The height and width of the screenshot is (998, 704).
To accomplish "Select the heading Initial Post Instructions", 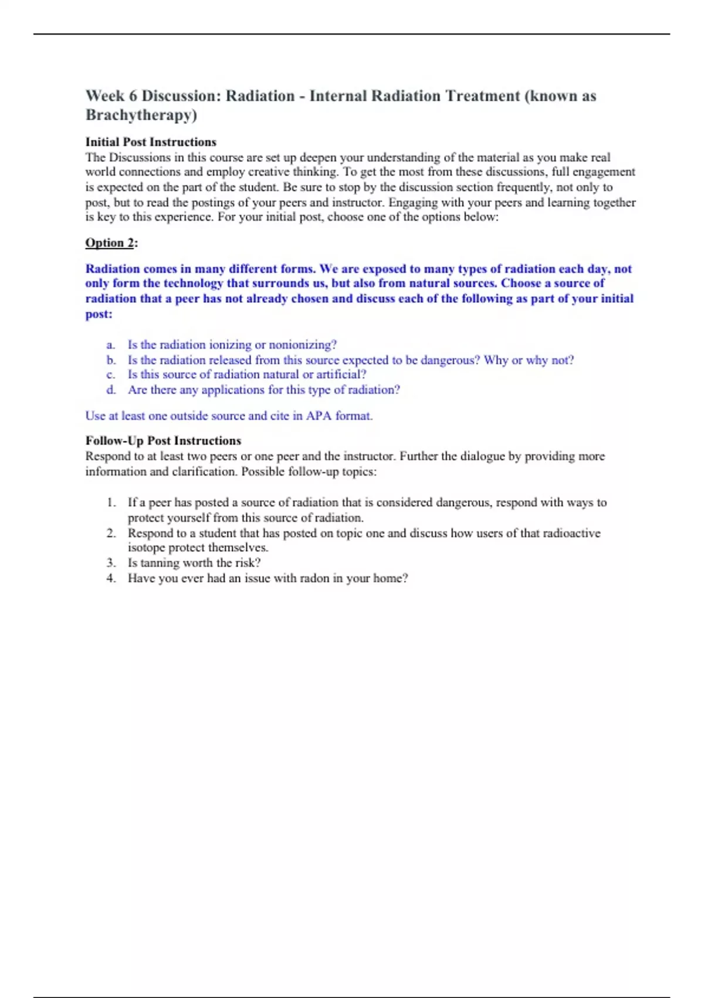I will [x=151, y=142].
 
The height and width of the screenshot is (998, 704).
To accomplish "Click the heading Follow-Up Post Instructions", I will [x=163, y=441].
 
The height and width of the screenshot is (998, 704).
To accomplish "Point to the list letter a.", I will [x=110, y=345].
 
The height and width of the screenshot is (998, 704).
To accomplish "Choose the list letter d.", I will [x=111, y=390].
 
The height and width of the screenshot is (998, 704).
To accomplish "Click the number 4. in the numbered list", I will [x=111, y=578].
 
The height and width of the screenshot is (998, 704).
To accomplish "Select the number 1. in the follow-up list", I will [x=111, y=503].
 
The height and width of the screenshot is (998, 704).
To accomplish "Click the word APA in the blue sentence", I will [x=319, y=416].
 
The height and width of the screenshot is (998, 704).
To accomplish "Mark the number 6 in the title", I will [x=133, y=96].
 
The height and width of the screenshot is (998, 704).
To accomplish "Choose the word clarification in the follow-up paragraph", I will [x=204, y=471].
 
